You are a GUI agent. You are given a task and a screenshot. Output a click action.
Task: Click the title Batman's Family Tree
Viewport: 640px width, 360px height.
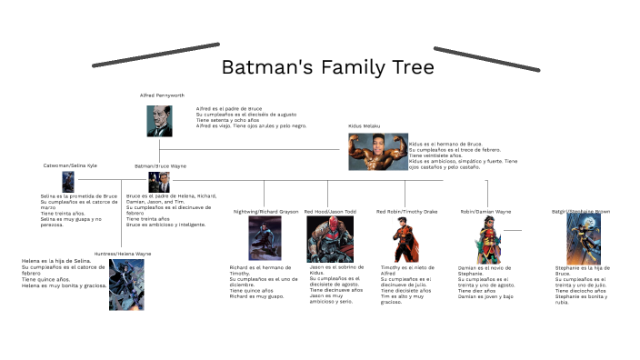328,69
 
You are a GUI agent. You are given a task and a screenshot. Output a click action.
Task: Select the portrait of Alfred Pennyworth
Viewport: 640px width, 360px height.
159,121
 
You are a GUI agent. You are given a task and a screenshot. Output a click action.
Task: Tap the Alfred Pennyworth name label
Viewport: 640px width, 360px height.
161,95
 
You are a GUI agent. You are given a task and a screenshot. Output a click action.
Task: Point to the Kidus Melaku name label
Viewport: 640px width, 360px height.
364,125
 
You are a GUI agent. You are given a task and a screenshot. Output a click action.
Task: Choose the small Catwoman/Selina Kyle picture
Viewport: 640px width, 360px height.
67,181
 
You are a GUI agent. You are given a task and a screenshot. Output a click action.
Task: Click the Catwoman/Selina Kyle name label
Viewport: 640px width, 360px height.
70,165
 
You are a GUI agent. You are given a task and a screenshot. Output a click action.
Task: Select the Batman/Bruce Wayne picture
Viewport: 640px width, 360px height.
153,181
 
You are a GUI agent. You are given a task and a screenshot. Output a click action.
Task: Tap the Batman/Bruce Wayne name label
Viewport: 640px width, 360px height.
160,165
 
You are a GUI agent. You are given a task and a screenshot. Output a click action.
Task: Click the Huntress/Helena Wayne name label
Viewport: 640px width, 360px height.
123,253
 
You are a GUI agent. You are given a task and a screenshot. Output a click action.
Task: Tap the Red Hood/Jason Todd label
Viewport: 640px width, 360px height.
330,211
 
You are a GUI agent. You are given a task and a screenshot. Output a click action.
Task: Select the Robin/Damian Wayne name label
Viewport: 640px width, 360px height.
485,211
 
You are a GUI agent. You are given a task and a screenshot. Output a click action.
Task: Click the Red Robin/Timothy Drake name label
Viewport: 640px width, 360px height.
406,211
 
